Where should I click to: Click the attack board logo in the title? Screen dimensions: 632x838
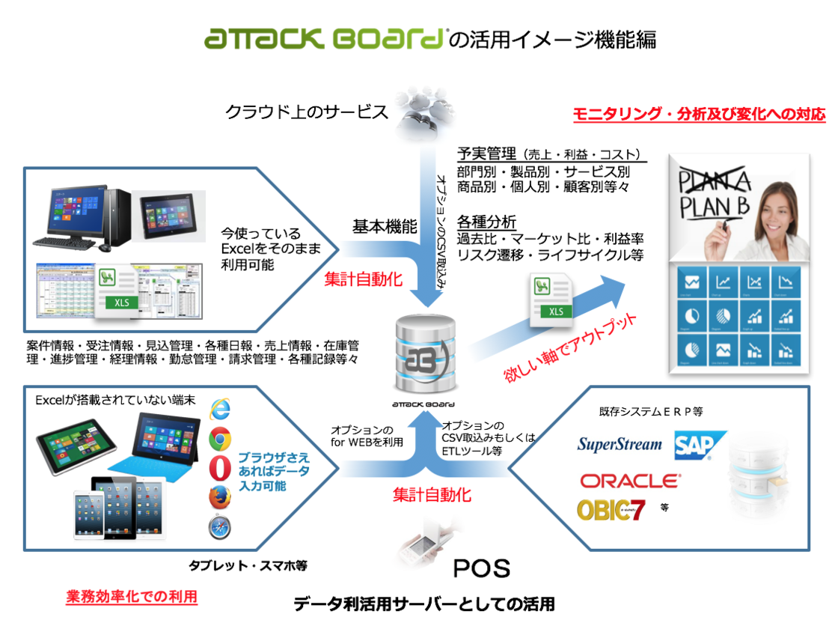point(325,38)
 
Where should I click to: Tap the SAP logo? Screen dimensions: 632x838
point(700,445)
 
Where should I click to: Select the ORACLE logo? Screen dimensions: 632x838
point(630,480)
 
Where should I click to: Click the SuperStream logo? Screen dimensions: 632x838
point(620,444)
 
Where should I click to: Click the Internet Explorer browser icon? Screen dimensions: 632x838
point(220,410)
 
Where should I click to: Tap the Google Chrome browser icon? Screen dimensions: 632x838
point(220,439)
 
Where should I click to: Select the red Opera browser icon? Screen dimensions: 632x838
point(220,469)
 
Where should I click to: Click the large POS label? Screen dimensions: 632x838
point(482,568)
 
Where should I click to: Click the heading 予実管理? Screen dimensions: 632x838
point(486,154)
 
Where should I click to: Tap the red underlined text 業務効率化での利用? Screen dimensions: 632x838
point(132,597)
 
